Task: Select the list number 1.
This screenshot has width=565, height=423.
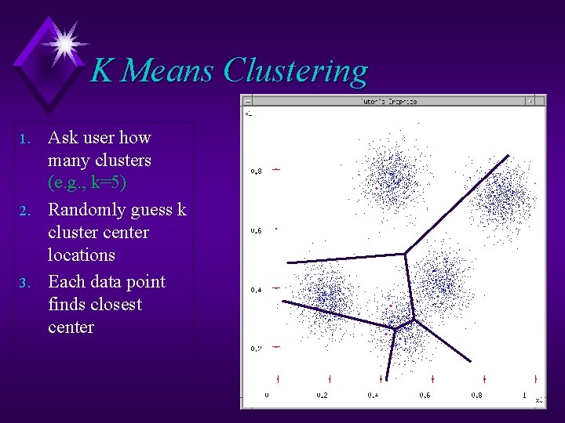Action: coord(24,139)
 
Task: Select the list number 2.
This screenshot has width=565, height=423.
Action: coord(24,211)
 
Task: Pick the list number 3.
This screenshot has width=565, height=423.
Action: coord(24,284)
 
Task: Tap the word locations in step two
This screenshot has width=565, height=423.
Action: coord(81,255)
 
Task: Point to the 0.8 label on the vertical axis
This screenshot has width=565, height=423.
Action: coord(256,171)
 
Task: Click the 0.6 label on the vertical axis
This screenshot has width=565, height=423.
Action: coord(256,230)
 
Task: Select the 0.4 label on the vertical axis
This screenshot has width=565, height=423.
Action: coord(256,290)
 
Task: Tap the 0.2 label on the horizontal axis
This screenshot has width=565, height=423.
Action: coord(322,396)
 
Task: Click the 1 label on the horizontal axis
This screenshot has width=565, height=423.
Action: coord(523,396)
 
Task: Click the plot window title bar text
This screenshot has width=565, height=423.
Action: coord(388,101)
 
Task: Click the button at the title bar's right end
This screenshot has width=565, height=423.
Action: coord(532,100)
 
